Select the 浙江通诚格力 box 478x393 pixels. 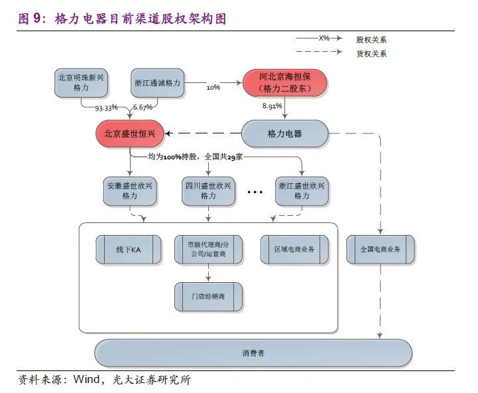(x=158, y=83)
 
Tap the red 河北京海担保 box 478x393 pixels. (x=284, y=82)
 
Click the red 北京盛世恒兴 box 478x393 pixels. (x=129, y=134)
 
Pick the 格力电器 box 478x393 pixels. (x=284, y=134)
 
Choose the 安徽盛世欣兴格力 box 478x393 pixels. (x=129, y=191)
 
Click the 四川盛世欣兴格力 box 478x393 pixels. (x=208, y=191)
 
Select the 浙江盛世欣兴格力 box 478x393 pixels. (x=301, y=191)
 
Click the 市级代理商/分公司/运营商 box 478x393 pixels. (x=208, y=249)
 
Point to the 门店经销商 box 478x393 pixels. (x=208, y=296)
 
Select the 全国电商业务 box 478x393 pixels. (x=381, y=249)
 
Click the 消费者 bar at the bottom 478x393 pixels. (x=253, y=353)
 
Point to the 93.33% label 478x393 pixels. (x=106, y=107)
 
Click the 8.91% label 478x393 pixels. (x=273, y=106)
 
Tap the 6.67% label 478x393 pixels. (x=143, y=107)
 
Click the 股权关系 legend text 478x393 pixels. (x=371, y=39)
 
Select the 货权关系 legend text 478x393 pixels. (x=371, y=54)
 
